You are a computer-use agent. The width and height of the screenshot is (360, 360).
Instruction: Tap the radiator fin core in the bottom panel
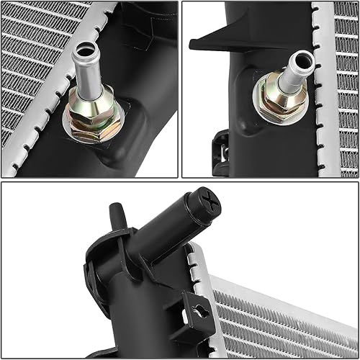pyautogui.click(x=288, y=317)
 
